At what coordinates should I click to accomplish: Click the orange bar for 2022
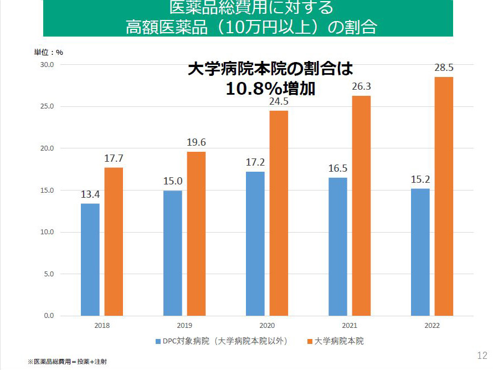[x=444, y=196]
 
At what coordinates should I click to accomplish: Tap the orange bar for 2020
[x=279, y=213]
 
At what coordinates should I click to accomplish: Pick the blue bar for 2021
[x=338, y=246]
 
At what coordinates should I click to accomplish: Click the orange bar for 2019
[x=196, y=234]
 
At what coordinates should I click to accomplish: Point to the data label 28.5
[x=444, y=68]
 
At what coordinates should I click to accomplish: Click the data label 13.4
[x=90, y=195]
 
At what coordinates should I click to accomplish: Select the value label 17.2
[x=255, y=163]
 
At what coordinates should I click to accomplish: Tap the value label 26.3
[x=361, y=87]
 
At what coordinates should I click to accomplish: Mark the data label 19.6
[x=196, y=143]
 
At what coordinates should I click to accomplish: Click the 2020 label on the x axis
[x=267, y=326]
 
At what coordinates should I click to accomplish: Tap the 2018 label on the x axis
[x=102, y=326]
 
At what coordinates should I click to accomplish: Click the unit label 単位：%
[x=48, y=53]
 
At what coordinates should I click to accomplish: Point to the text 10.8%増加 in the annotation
[x=270, y=89]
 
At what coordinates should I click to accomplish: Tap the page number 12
[x=481, y=356]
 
